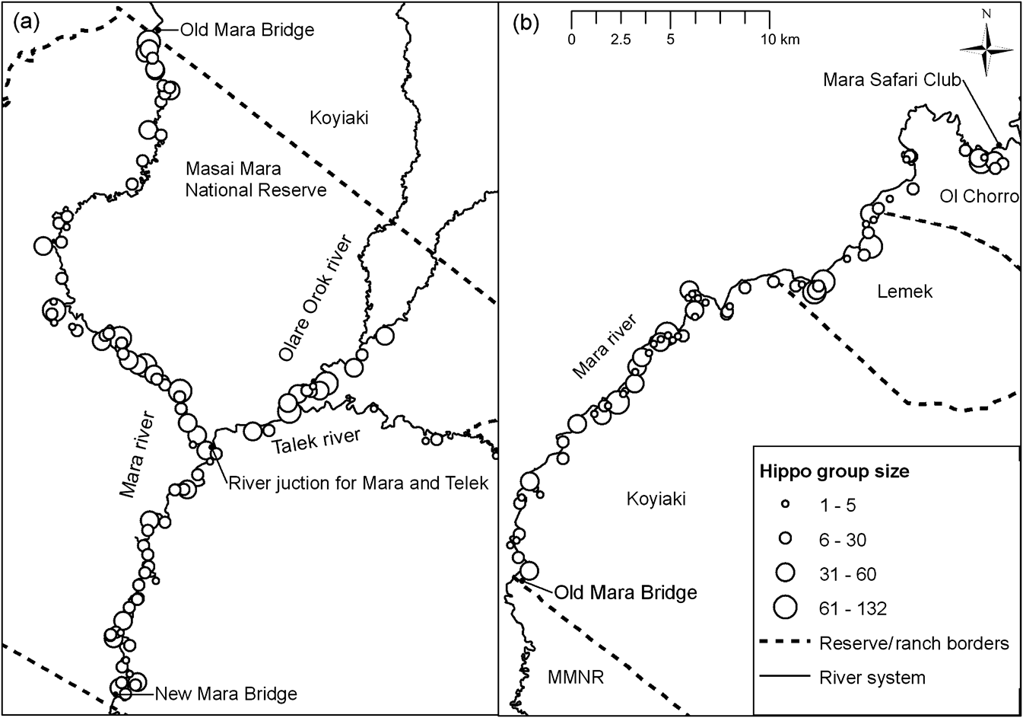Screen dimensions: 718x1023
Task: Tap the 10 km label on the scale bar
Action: (783, 40)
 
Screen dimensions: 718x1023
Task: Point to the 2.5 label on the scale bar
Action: (621, 40)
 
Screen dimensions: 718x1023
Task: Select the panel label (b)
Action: (526, 23)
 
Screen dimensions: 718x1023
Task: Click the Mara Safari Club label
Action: (891, 80)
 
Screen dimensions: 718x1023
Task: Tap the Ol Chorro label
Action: (978, 196)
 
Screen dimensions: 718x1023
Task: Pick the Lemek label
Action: (904, 291)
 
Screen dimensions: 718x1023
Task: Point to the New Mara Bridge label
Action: (226, 694)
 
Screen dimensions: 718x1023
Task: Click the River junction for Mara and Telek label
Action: (358, 482)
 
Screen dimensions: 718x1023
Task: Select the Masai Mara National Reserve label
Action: (256, 179)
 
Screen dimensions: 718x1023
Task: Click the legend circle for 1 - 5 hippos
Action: (786, 504)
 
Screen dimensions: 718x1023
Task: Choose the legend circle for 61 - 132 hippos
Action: (786, 607)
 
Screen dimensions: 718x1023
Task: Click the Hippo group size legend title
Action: (834, 471)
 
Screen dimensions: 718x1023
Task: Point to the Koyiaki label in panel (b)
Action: (656, 499)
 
